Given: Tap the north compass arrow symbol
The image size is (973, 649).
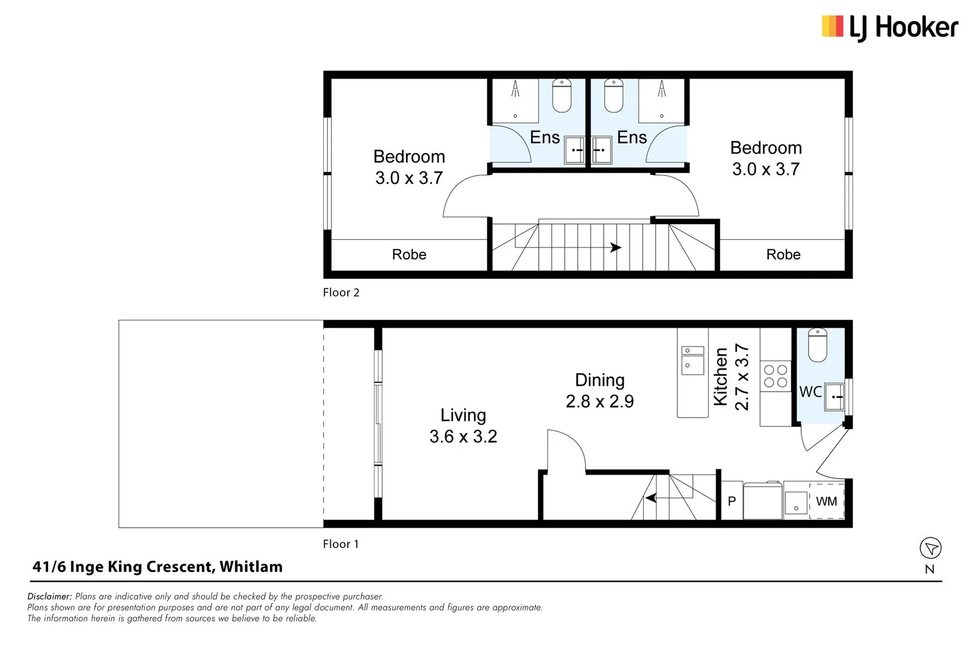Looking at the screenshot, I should pos(930,548).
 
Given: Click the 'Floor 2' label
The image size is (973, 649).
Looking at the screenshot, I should pos(341,293).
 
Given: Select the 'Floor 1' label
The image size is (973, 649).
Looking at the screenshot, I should pos(341,544).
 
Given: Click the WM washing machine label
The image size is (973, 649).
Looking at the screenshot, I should pos(826,501).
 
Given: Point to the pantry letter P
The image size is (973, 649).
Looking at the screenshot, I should pos(732,501).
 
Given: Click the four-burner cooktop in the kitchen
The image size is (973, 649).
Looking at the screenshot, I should pos(775,376).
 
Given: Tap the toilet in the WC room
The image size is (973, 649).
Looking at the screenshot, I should pos(818,346).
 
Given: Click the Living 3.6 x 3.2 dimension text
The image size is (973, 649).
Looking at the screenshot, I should pos(463,436).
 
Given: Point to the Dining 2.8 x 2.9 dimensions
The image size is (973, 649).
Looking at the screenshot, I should pos(599,401).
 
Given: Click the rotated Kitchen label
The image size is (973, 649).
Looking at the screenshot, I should pos(721,377).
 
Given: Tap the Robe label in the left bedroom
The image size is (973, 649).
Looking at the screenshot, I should pos(409,255).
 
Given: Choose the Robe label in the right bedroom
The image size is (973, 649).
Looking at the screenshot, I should pos(783,255).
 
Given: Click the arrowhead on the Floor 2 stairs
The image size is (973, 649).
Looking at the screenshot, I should pos(616,247).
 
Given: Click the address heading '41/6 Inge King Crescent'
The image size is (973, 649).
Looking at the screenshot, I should pos(157,567).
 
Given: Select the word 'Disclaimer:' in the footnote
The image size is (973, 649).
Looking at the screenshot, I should pos(50,597).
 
